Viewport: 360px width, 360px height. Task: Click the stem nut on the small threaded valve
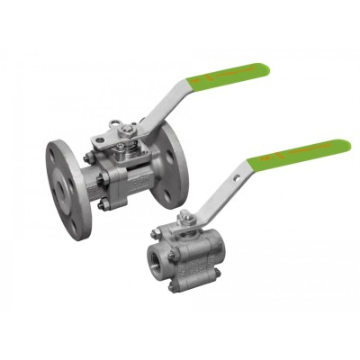[x=188, y=215]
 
